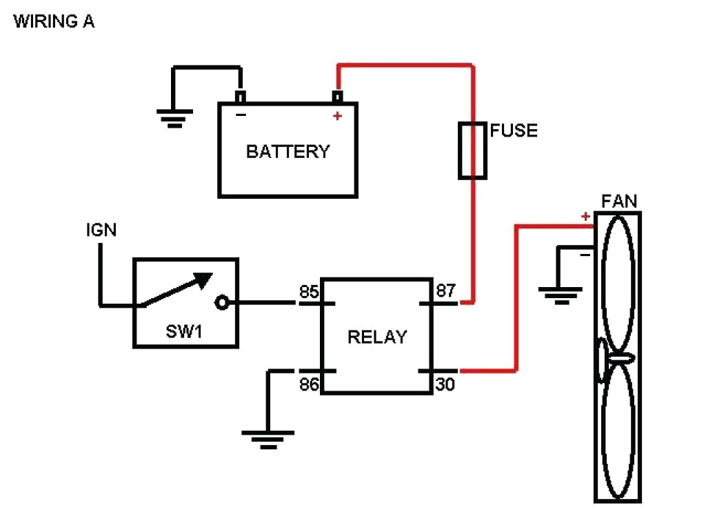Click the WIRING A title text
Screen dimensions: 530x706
pos(54,21)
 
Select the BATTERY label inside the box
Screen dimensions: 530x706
pos(288,151)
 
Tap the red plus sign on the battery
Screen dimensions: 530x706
pos(337,116)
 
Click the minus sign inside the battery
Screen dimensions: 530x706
pos(241,115)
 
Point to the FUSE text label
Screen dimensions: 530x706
pos(514,130)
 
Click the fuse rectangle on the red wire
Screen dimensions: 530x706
pos(473,150)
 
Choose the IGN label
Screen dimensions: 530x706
pos(101,230)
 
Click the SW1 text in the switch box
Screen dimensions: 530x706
pos(184,332)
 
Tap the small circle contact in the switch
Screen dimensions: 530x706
pos(222,302)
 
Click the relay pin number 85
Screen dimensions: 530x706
pos(309,291)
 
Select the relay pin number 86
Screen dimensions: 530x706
pos(309,384)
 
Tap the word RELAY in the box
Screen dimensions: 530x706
pos(376,337)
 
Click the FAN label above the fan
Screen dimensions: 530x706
pos(619,202)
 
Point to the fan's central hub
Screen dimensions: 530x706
pos(618,359)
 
